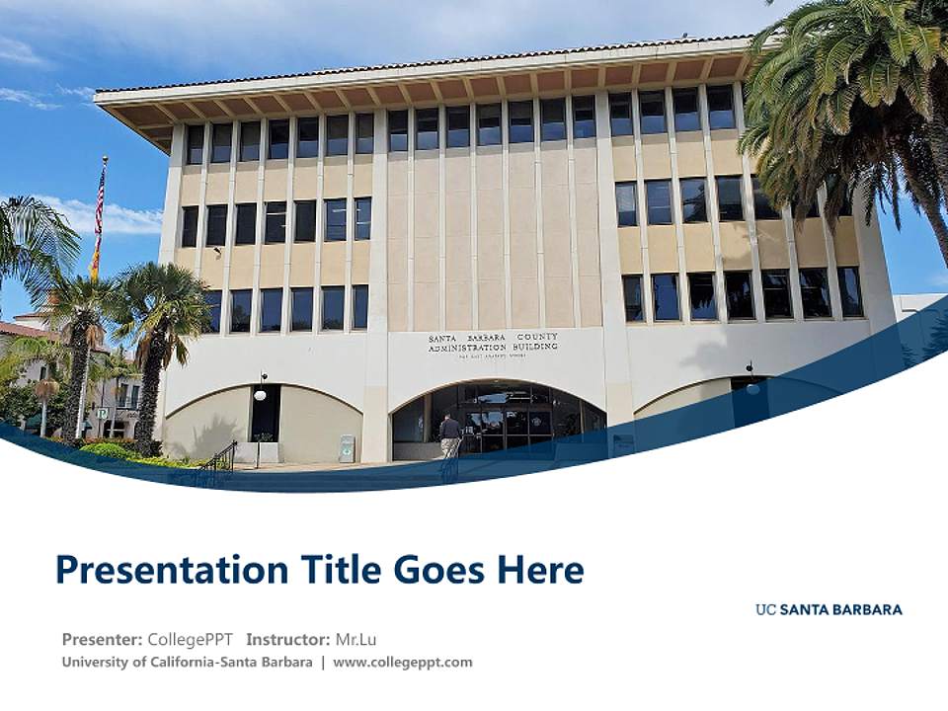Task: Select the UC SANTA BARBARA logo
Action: (x=829, y=609)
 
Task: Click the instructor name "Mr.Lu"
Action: (x=355, y=639)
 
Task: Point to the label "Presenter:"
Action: (x=102, y=639)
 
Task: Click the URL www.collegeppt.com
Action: (x=403, y=662)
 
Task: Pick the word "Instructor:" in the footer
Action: (x=287, y=639)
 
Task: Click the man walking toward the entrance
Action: (x=450, y=435)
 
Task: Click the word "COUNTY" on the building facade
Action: (x=537, y=337)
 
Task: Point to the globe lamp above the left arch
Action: (x=261, y=393)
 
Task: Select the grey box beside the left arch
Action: (x=347, y=448)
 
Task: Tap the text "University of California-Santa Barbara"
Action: (x=187, y=662)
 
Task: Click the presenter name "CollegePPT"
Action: (x=190, y=639)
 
